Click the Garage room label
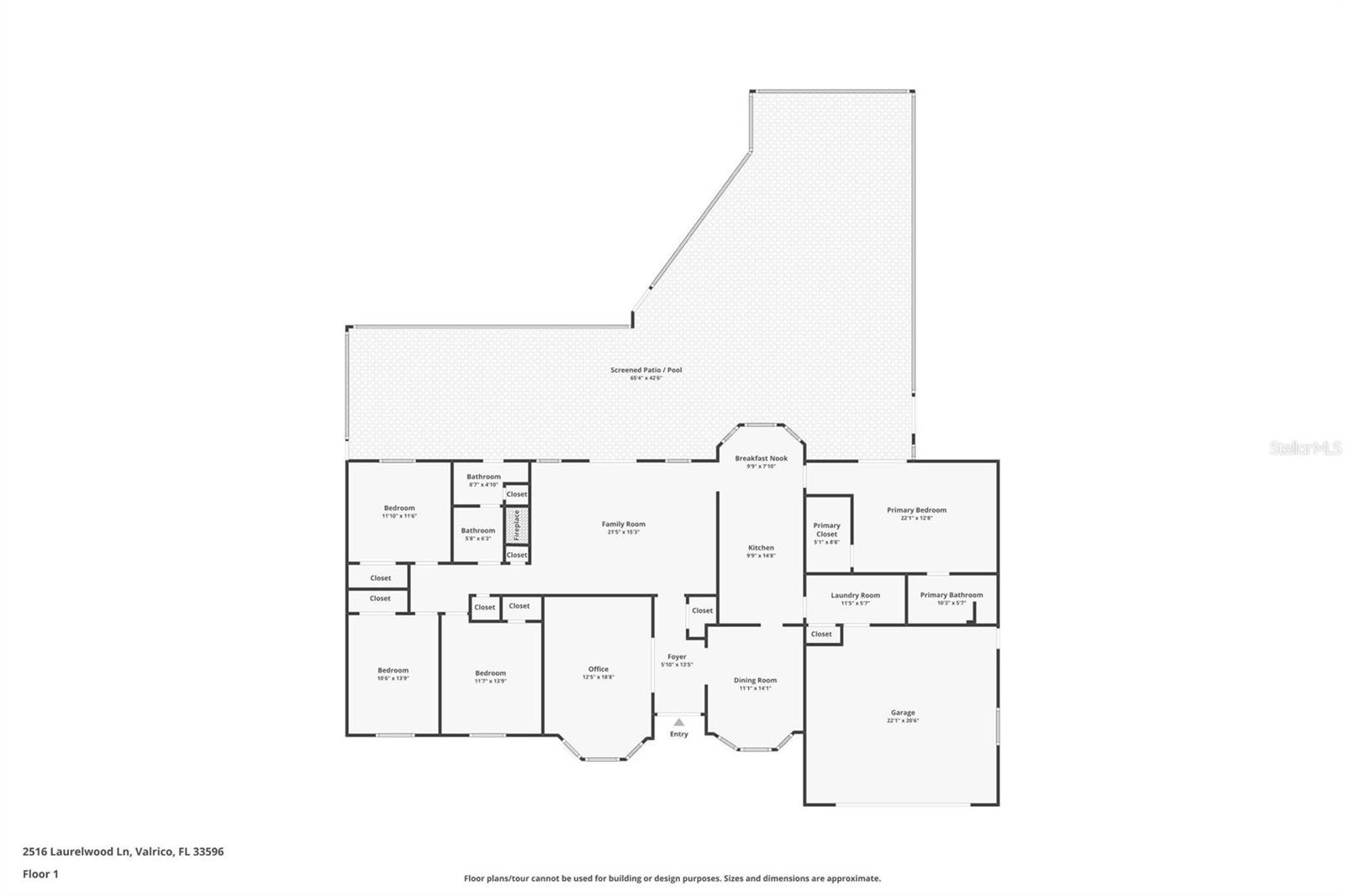tap(903, 713)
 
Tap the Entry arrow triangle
tap(678, 722)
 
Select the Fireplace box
tap(517, 526)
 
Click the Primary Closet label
tap(826, 530)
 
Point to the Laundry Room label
tap(855, 595)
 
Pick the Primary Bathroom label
tap(951, 595)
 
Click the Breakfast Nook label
tap(761, 458)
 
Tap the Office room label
tap(598, 669)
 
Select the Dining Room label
tap(755, 680)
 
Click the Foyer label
tap(677, 656)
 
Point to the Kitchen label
tap(761, 547)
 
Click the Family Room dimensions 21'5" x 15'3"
tap(623, 532)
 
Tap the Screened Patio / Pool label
tap(646, 370)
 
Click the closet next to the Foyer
tap(702, 610)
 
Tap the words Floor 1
tap(40, 874)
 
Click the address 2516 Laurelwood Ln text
tap(76, 851)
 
